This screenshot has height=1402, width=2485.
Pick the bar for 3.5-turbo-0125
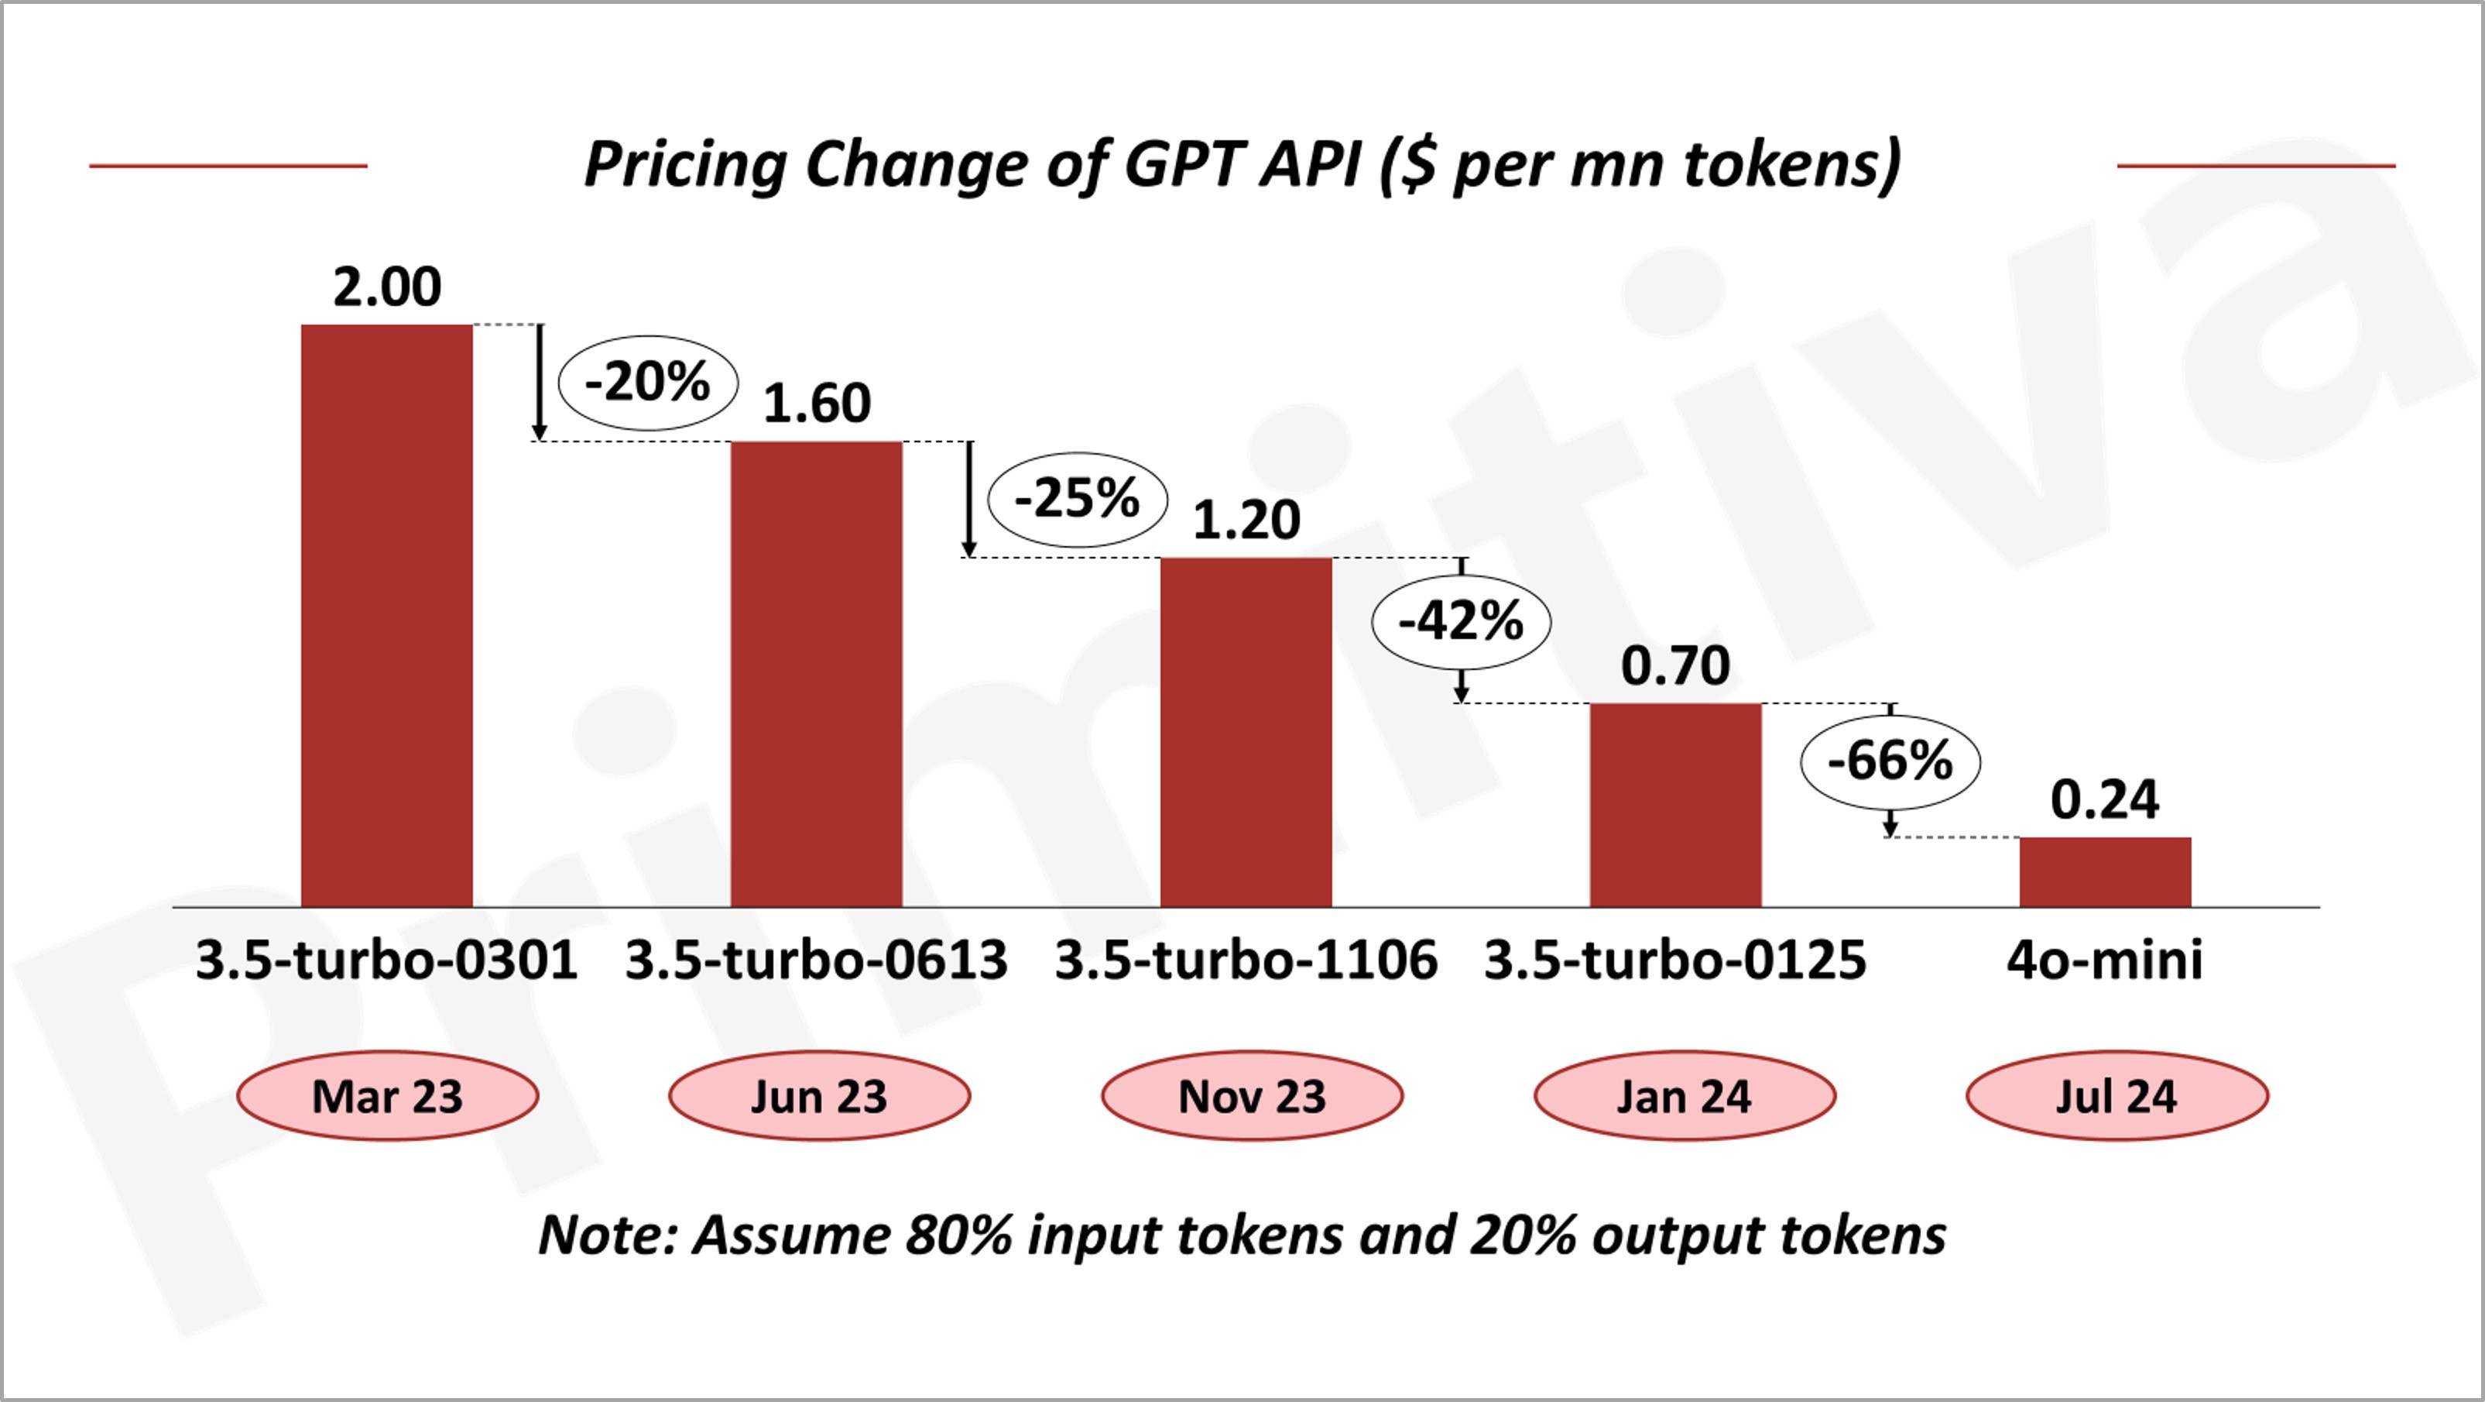click(x=1676, y=805)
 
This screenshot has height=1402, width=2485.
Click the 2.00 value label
click(x=387, y=287)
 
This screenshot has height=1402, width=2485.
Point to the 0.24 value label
click(x=2104, y=800)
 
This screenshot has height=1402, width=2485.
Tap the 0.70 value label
click(x=1676, y=666)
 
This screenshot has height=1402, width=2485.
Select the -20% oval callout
click(x=648, y=382)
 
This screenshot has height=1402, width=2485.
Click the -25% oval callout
click(x=1078, y=500)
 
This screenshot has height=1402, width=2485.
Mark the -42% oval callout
click(x=1461, y=621)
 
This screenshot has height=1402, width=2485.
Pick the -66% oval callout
click(x=1890, y=761)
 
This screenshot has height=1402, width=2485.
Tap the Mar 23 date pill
click(x=387, y=1096)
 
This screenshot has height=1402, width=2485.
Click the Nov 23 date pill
click(x=1251, y=1096)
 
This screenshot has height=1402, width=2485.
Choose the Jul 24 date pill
click(x=2117, y=1096)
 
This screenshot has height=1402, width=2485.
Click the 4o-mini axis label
click(x=2104, y=960)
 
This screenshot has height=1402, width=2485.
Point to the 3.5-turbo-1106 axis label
click(x=1246, y=960)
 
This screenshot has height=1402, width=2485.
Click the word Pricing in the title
click(x=686, y=164)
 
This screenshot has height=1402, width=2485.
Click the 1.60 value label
click(x=816, y=404)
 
